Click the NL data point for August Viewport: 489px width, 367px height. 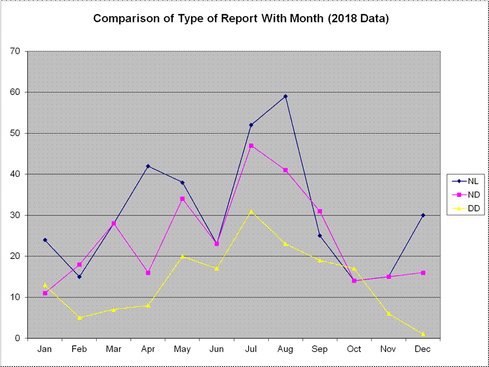click(286, 96)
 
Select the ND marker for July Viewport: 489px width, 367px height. click(251, 146)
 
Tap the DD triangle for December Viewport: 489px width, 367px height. click(423, 334)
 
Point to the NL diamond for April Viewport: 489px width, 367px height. click(148, 166)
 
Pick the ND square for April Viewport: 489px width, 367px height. click(148, 273)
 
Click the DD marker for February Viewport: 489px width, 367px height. click(79, 318)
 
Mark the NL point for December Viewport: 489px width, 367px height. click(423, 215)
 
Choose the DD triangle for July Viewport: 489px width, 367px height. click(251, 211)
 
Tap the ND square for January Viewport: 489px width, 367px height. click(45, 293)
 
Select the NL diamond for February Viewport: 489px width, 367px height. click(79, 277)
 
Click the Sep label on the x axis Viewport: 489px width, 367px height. click(320, 349)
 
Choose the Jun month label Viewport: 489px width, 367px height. click(216, 349)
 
